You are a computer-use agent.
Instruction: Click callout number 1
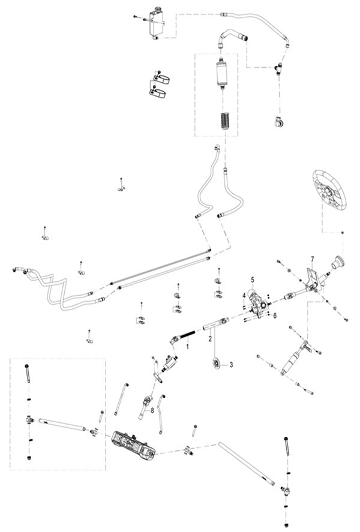[x=187, y=347]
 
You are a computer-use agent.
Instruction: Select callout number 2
[x=211, y=339]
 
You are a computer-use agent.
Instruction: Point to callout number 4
[x=244, y=295]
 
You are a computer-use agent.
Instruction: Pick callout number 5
[x=253, y=279]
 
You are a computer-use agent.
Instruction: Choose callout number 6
[x=275, y=315]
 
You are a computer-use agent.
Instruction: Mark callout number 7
[x=312, y=259]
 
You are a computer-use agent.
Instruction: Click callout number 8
[x=153, y=410]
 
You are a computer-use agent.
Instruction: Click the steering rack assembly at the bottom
[x=134, y=447]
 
